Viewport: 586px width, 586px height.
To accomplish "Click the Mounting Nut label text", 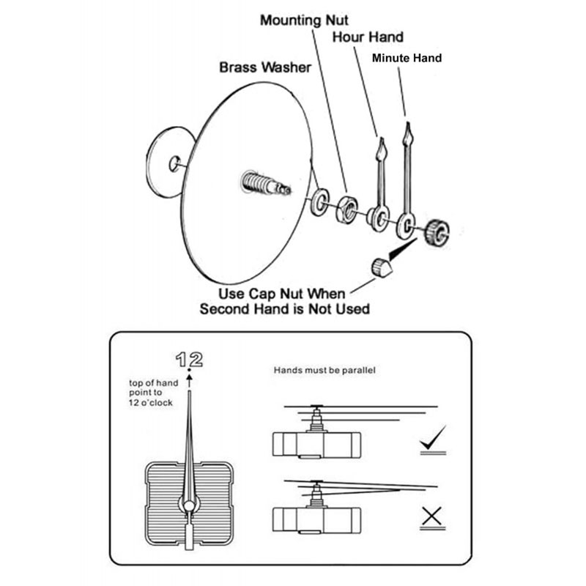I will coord(304,20).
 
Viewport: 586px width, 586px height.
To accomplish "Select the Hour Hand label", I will coord(368,37).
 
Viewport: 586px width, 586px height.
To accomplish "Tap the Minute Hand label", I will coord(407,57).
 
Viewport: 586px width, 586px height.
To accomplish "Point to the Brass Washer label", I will coord(265,67).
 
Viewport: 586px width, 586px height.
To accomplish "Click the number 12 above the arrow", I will coord(189,360).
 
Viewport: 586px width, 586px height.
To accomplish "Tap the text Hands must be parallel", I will coord(324,371).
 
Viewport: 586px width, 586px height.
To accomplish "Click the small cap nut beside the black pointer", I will coord(381,267).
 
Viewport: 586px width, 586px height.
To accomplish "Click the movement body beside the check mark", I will coord(316,444).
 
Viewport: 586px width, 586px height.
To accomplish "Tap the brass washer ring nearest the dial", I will coord(320,203).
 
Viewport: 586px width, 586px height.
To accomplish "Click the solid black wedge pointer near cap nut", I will coord(401,251).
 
